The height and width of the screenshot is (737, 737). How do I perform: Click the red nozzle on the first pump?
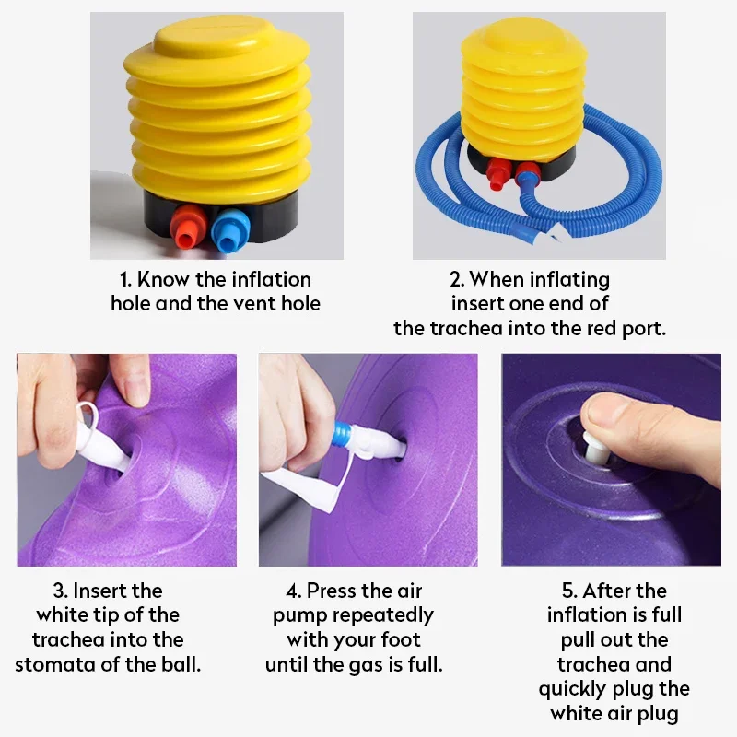point(188,227)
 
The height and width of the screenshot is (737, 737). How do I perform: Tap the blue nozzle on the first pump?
point(229,230)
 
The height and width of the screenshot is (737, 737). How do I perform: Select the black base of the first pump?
point(221,214)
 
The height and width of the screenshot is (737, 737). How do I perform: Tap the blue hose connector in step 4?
point(342,434)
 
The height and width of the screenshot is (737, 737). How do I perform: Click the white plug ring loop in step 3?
point(87,414)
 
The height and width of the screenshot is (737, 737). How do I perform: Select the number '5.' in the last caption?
point(569,591)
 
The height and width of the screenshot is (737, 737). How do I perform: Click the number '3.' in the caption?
point(61,591)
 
